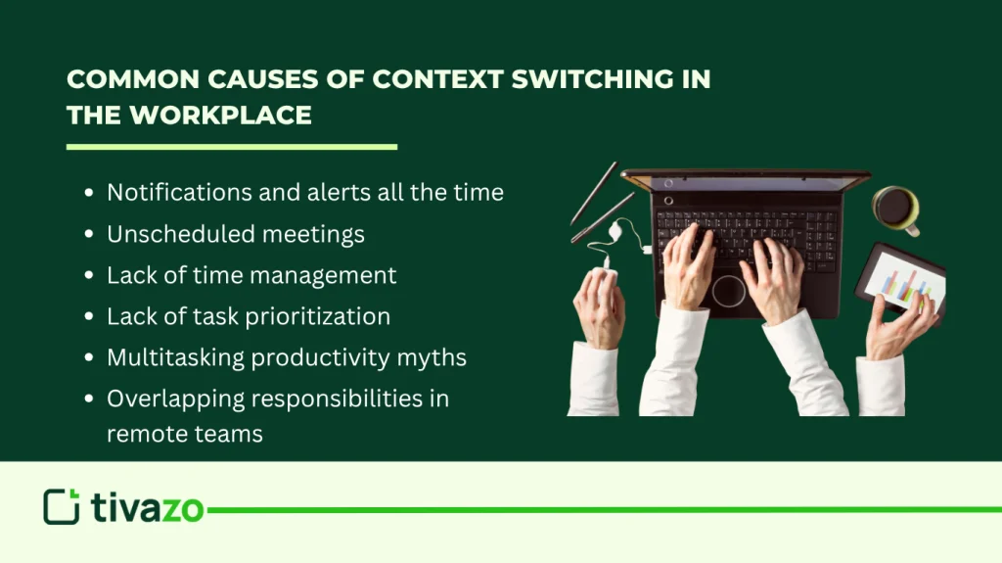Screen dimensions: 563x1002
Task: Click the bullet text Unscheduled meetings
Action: (x=236, y=234)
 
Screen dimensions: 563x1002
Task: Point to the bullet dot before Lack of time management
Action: (x=90, y=276)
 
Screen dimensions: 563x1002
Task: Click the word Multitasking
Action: (x=175, y=357)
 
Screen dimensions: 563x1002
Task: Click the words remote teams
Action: (x=185, y=434)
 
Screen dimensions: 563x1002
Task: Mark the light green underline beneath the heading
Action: (x=232, y=147)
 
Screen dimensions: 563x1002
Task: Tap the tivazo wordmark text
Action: (x=148, y=507)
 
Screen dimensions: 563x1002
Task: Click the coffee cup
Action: (x=894, y=208)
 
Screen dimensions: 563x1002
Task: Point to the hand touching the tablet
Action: (x=895, y=328)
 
